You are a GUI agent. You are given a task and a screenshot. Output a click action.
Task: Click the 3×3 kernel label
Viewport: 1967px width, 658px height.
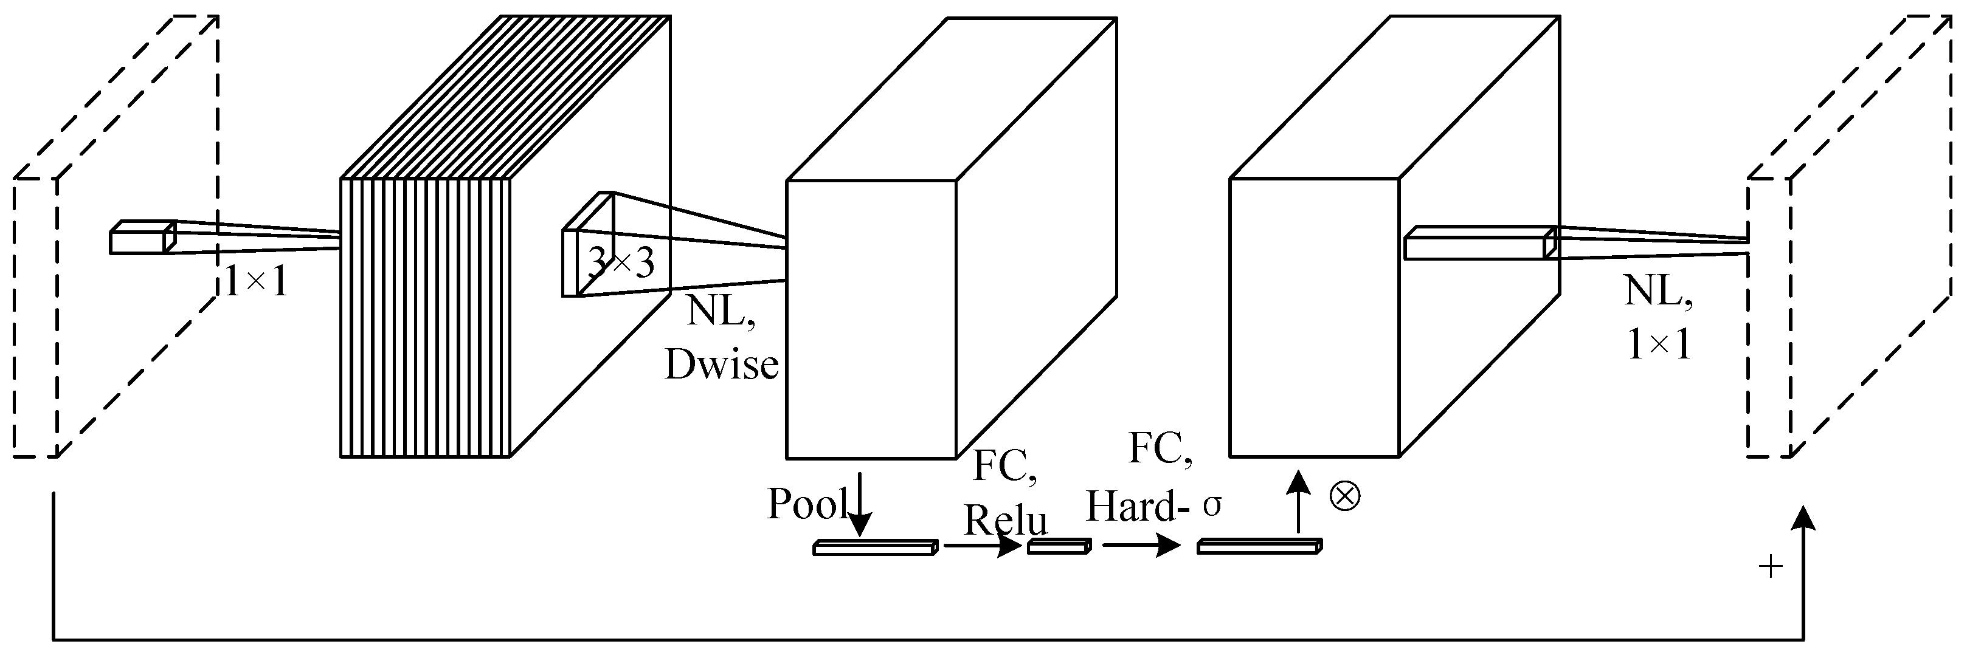pyautogui.click(x=621, y=263)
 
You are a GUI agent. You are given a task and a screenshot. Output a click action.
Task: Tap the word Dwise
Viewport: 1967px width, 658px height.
pyautogui.click(x=722, y=365)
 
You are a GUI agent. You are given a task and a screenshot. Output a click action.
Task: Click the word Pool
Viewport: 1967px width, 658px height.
pyautogui.click(x=806, y=504)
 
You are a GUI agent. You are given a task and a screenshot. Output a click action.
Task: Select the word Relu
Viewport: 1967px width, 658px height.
pyautogui.click(x=1005, y=521)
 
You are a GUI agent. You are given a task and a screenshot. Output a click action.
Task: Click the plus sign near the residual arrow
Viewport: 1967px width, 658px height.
pyautogui.click(x=1771, y=566)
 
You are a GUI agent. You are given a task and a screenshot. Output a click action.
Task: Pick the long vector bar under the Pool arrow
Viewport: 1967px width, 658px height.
pyautogui.click(x=874, y=547)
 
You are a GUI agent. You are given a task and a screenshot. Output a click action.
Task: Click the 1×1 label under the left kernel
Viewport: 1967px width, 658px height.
pyautogui.click(x=257, y=283)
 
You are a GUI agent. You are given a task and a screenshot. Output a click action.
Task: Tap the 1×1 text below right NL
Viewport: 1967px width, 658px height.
pyautogui.click(x=1659, y=346)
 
